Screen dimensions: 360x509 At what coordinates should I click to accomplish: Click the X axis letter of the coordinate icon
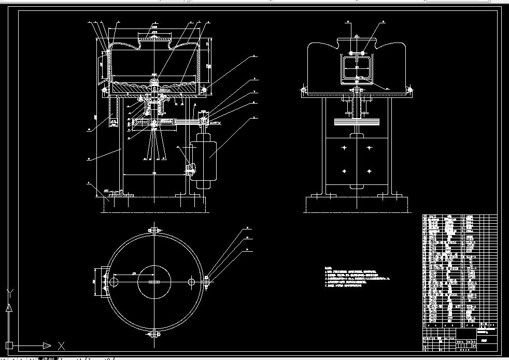(61, 345)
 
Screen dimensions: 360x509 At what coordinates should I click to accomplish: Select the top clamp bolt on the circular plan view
(154, 230)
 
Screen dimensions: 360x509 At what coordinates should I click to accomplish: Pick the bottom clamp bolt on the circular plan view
(154, 333)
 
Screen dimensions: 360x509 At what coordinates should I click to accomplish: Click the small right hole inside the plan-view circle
(191, 281)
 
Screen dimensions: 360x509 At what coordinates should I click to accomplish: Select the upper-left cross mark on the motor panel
(343, 148)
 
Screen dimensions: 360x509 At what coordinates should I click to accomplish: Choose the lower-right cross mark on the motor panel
(369, 171)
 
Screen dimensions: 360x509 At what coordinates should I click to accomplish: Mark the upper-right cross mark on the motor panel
(369, 148)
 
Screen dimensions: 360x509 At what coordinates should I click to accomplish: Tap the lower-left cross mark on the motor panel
(343, 171)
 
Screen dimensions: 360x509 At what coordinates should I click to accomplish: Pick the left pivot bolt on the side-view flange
(302, 91)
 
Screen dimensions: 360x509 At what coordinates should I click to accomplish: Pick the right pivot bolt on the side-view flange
(411, 91)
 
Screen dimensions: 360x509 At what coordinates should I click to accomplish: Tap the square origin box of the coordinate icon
(9, 345)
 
